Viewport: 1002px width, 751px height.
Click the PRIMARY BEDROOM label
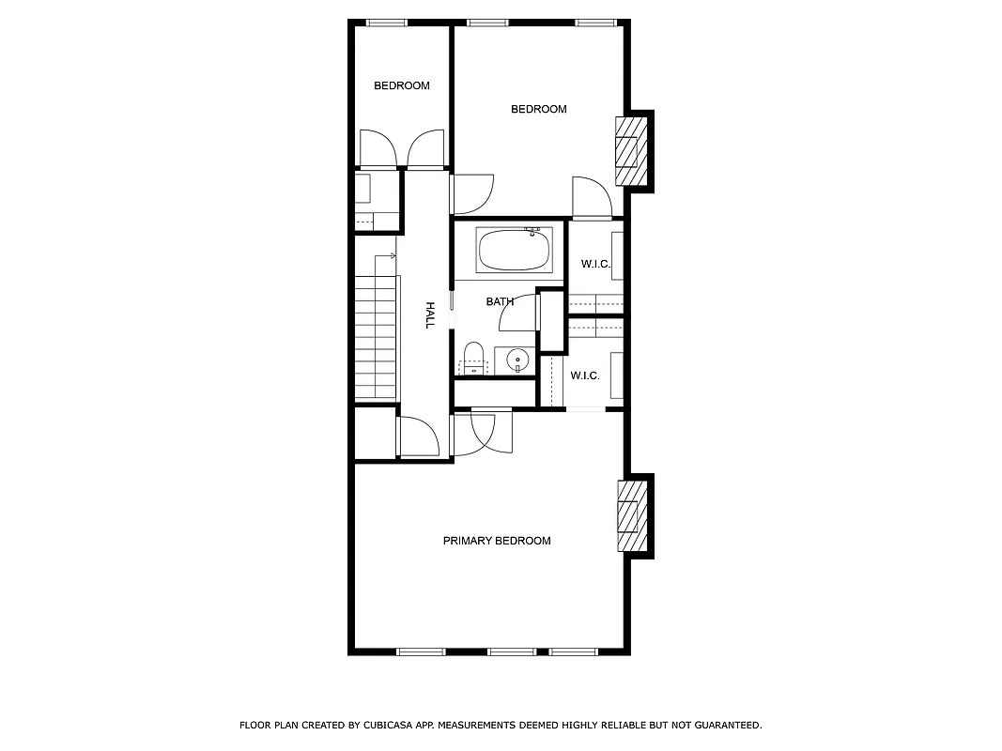point(497,541)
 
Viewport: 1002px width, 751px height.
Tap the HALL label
point(430,314)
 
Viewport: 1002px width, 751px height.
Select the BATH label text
point(500,301)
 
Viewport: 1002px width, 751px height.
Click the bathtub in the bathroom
point(514,250)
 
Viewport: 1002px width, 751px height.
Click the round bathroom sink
point(516,360)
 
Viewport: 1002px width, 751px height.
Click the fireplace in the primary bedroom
point(630,515)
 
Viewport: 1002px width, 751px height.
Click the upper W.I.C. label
point(595,264)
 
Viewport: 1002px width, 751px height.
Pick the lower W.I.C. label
point(585,375)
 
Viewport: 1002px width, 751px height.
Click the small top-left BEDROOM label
point(402,85)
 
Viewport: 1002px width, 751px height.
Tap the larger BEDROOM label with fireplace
point(539,109)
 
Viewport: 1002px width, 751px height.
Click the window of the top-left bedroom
point(385,23)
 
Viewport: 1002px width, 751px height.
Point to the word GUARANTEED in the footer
point(723,725)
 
